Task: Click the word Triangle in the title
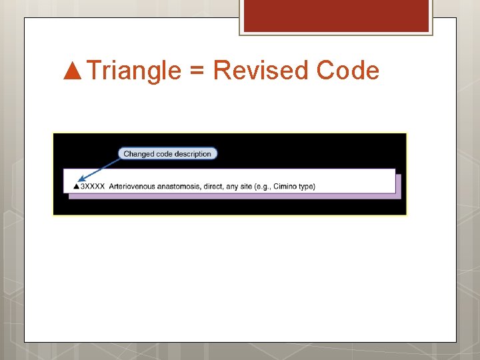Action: [x=133, y=70]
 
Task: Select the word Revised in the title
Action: [x=261, y=70]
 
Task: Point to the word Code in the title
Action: [x=348, y=70]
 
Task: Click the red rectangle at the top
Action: [x=335, y=16]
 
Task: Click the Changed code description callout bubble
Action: [x=167, y=153]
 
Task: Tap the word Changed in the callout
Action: [x=139, y=153]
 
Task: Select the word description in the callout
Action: [x=192, y=153]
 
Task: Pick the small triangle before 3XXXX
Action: [x=75, y=186]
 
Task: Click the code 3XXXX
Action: [x=92, y=186]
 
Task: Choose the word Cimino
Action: [x=285, y=186]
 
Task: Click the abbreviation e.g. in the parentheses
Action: [x=263, y=186]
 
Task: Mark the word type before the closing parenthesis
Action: [x=306, y=186]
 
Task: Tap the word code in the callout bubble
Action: [x=165, y=153]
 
